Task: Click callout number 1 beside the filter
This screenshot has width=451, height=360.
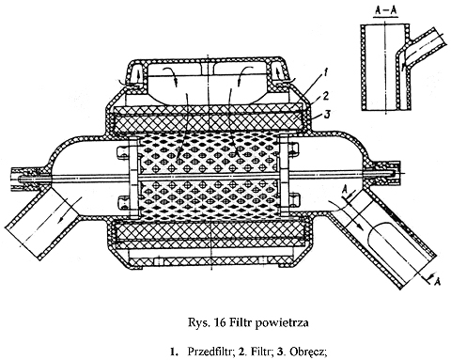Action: [x=325, y=73]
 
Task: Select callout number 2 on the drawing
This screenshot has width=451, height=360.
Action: [x=326, y=96]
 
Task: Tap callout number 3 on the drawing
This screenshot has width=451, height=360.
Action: [x=326, y=115]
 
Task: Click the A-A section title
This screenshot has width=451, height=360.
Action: [x=385, y=10]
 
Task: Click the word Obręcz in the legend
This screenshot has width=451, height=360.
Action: [x=308, y=352]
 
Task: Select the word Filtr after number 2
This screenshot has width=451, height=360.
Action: [x=260, y=352]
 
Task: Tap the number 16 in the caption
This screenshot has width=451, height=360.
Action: [x=220, y=322]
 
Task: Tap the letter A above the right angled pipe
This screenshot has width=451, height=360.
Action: [x=345, y=189]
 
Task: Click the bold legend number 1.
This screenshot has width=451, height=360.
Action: [x=173, y=352]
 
